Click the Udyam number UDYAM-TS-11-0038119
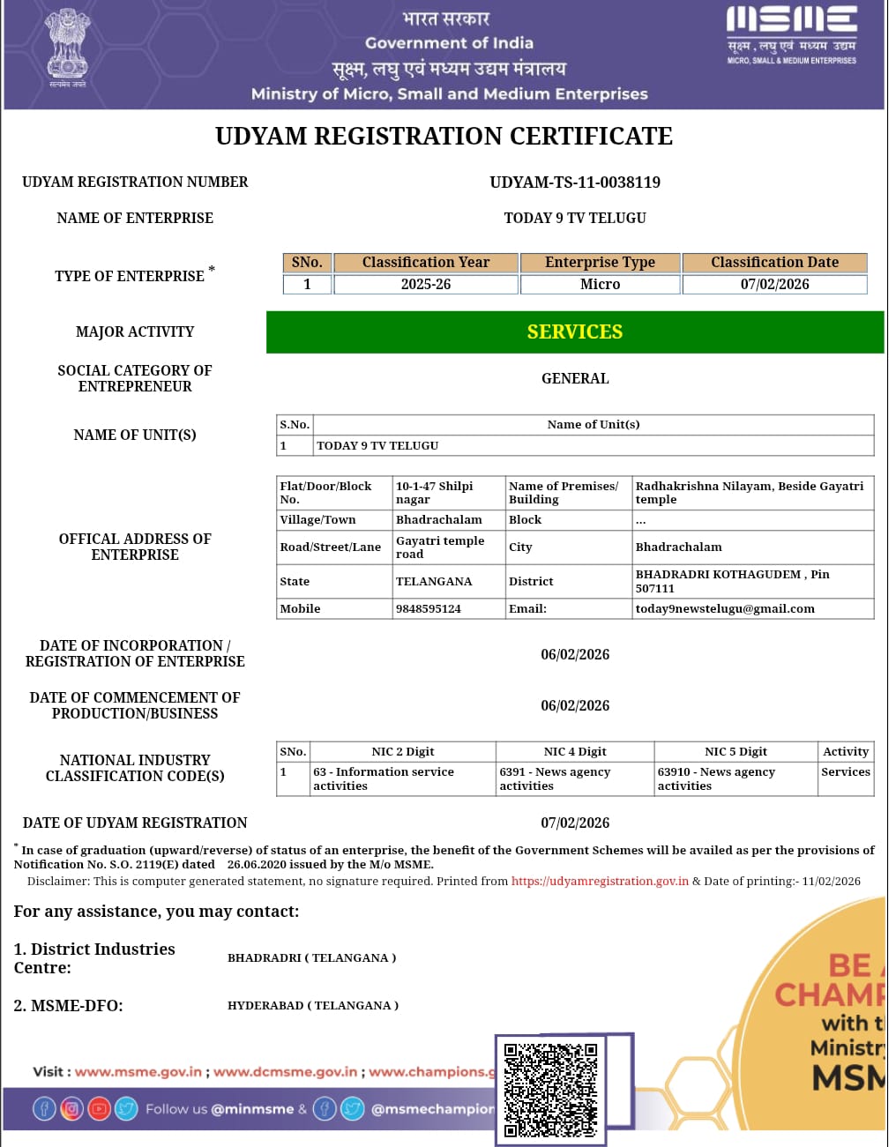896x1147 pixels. point(575,182)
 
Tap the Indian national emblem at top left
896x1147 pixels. point(68,46)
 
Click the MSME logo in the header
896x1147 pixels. point(791,35)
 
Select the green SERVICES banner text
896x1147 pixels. point(575,331)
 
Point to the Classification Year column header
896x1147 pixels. point(425,262)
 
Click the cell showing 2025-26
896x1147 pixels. point(425,284)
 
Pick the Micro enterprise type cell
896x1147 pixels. point(600,284)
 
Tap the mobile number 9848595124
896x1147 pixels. point(429,608)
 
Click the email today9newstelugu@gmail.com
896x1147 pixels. point(725,608)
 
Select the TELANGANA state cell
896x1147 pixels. point(434,581)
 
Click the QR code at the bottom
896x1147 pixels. point(550,1090)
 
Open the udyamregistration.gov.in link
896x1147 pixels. point(600,881)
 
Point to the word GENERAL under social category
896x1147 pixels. point(575,378)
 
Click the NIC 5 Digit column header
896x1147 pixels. point(735,751)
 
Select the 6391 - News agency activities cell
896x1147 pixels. point(555,778)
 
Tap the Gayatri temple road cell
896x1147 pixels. point(440,547)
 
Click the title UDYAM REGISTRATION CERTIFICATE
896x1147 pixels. point(444,136)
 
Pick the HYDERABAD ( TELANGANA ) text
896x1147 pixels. point(313,1005)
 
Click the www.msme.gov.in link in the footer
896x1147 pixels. point(138,1072)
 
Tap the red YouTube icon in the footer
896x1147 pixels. point(100,1109)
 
